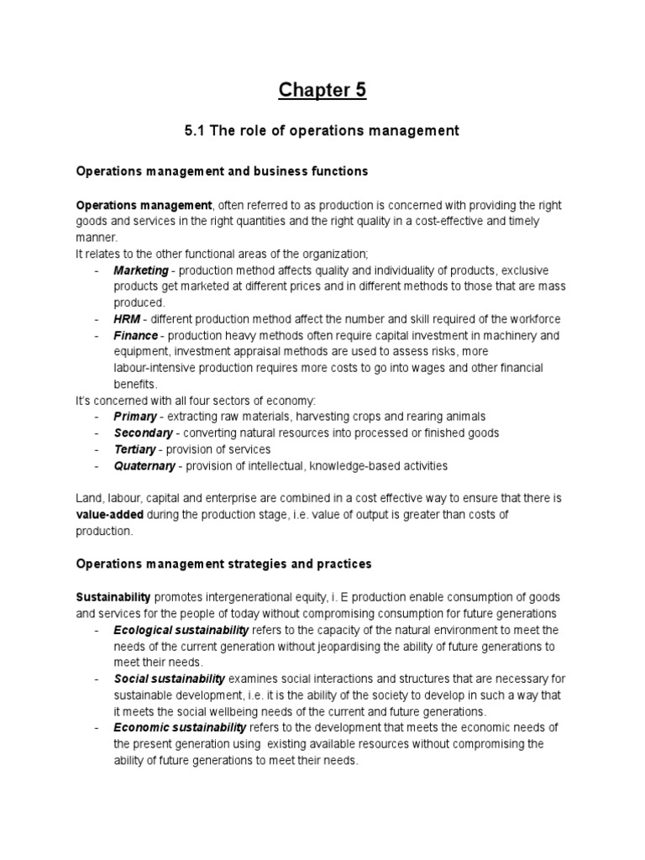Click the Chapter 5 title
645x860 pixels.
(322, 90)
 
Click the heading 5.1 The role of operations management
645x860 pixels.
(322, 130)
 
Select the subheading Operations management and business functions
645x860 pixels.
(222, 170)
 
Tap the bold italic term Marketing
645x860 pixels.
(141, 271)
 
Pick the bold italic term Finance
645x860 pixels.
(136, 335)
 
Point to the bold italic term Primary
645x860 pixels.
(135, 417)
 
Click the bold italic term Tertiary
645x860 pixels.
(135, 449)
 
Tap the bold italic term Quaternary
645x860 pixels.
(145, 465)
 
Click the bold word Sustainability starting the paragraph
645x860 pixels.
(113, 597)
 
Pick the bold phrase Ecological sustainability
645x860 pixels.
(181, 630)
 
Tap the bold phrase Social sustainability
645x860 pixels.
(170, 679)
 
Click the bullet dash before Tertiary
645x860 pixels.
(97, 449)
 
